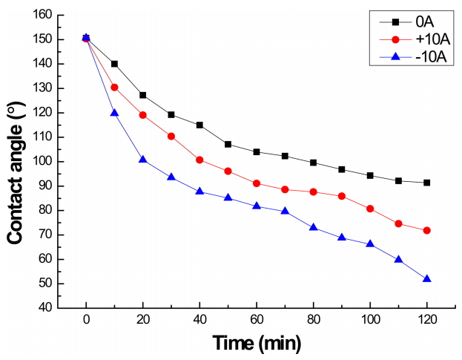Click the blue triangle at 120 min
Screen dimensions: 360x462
coord(426,278)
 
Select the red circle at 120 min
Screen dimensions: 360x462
coord(426,231)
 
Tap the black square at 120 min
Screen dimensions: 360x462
coord(426,183)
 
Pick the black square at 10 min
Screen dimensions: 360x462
coord(114,64)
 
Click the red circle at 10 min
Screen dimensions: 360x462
coord(114,88)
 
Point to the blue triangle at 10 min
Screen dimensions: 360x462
coord(114,112)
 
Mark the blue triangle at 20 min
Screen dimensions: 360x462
coord(142,160)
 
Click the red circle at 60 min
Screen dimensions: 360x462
coord(256,183)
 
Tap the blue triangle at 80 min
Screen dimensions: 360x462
coord(313,226)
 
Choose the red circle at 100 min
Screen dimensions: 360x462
coord(369,209)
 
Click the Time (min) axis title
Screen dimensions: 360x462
coord(256,343)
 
